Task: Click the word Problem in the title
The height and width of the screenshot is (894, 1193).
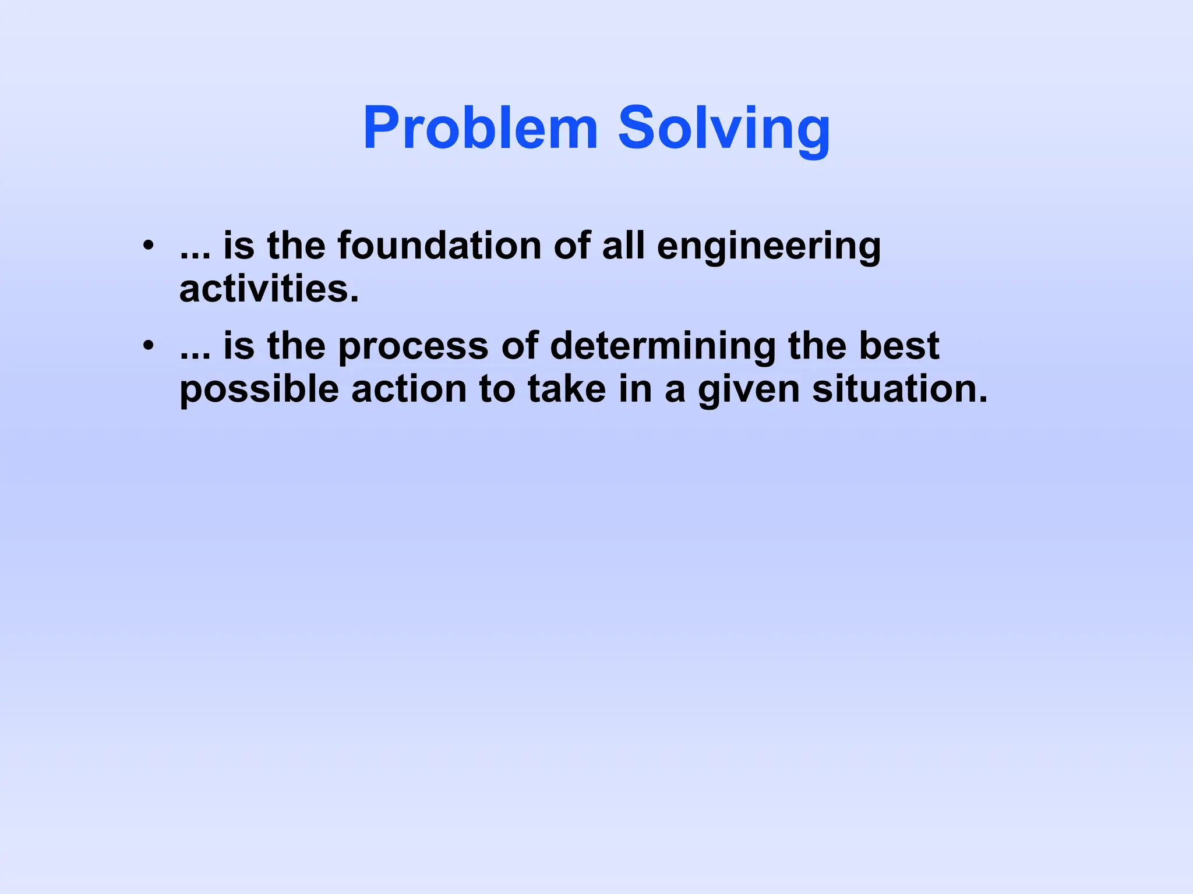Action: pos(480,129)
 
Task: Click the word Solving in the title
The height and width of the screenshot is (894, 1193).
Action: pos(723,129)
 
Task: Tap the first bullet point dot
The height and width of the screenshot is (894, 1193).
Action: pos(149,245)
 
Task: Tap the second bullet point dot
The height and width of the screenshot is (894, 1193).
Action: pos(149,346)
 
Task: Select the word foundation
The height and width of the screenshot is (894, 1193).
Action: pos(439,245)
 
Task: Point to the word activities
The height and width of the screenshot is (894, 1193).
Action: pos(269,289)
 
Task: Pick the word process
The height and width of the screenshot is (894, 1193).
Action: pos(413,347)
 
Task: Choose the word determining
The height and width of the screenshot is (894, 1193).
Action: pos(662,347)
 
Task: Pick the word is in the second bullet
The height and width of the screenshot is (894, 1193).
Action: pos(239,346)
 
